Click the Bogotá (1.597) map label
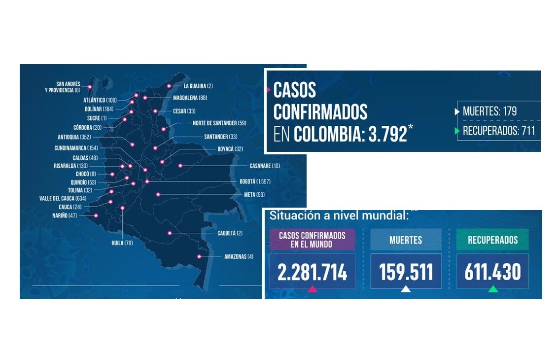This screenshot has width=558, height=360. (255, 181)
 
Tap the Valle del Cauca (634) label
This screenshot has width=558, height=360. (63, 198)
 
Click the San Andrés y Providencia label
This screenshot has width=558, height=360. (62, 87)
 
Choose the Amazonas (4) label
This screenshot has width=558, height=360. (239, 256)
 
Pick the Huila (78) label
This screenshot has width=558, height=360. (122, 243)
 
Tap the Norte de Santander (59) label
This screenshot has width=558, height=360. (219, 123)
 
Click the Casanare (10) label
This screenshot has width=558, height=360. (265, 166)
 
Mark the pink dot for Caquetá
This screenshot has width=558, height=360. (170, 233)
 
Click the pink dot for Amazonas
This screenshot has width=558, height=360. (199, 256)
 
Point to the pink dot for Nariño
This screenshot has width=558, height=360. (96, 216)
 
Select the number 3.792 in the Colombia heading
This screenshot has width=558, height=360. (387, 134)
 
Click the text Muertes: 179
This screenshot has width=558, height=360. (489, 111)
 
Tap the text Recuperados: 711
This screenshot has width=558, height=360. (498, 131)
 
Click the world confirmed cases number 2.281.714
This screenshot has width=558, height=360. (313, 272)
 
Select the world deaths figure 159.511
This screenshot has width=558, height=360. (406, 272)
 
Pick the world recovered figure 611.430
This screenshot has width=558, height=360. (492, 272)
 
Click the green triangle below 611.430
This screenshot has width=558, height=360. (493, 289)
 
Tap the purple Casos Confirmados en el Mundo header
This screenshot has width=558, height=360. (313, 240)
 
